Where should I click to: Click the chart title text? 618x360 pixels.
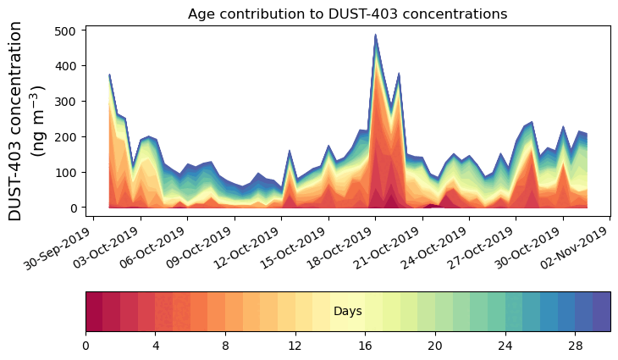[347, 14]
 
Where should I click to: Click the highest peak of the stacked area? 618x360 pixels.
[376, 36]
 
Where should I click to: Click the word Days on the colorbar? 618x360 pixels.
[348, 312]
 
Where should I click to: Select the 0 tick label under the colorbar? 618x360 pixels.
[86, 346]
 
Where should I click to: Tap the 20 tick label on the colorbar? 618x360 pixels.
[435, 346]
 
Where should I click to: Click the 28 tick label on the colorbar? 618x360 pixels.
[576, 346]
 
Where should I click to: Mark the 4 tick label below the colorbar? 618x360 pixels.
[156, 346]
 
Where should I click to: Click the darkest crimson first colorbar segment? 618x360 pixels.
[94, 311]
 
